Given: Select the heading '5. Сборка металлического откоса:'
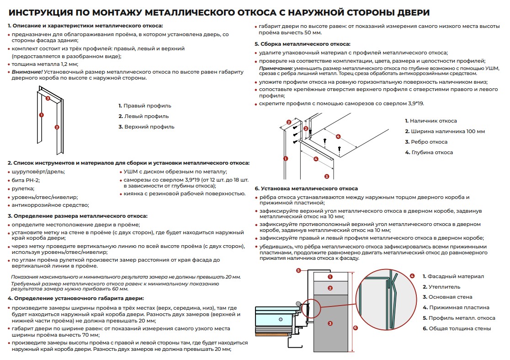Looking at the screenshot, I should tap(303, 44).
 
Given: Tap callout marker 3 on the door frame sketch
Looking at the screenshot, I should tap(48, 97).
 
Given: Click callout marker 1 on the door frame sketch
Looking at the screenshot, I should tap(41, 115).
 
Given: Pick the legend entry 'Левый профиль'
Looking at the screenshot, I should tap(143, 116).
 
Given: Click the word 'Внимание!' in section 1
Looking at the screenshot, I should tap(27, 71).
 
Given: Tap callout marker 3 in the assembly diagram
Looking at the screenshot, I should tap(326, 176).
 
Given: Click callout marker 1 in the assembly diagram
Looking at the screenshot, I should tap(286, 159).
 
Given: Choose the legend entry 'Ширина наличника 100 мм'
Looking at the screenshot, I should tap(444, 131).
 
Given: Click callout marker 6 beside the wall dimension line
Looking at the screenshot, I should tap(356, 328).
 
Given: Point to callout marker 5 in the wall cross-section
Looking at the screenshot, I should tap(298, 270).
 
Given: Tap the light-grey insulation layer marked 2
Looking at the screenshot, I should tap(330, 288).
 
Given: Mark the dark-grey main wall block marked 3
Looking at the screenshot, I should tap(330, 323).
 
